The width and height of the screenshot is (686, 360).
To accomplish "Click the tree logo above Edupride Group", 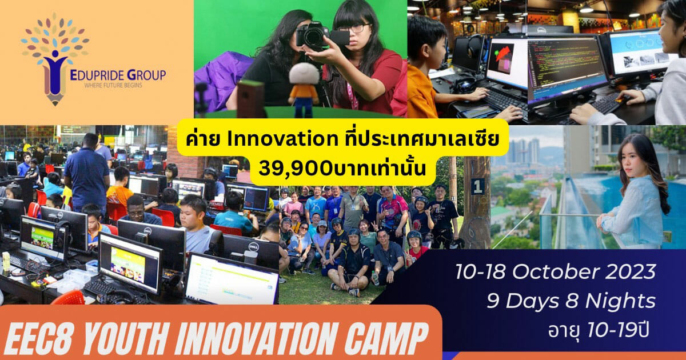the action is click(x=55, y=58).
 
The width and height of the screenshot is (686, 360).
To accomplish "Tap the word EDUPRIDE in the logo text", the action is click(x=97, y=75).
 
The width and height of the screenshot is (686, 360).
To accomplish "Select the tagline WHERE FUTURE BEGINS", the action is click(x=113, y=85).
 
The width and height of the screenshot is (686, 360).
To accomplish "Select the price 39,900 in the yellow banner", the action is click(x=294, y=168).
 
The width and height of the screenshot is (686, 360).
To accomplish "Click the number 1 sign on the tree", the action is click(x=478, y=186).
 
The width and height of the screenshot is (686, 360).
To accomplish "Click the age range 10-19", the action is click(x=609, y=330).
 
